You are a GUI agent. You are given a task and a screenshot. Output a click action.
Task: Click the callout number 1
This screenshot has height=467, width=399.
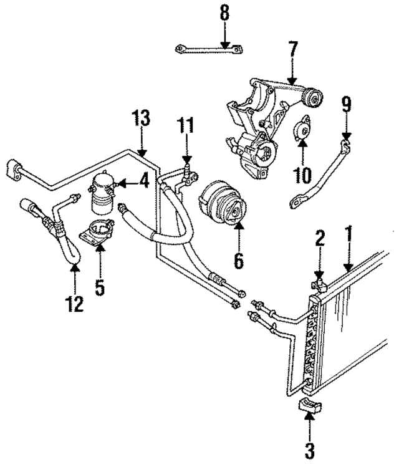click(x=348, y=235)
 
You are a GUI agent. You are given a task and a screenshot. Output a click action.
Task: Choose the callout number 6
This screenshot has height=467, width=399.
click(x=239, y=259)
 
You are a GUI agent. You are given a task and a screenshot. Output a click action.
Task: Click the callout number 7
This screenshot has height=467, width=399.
click(x=293, y=49)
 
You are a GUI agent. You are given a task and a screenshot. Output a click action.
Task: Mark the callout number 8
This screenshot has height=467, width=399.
click(x=224, y=11)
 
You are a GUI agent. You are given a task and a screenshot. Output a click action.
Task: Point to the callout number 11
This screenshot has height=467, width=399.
click(x=185, y=126)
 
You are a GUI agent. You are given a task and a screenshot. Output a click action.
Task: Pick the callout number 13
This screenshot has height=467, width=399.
click(x=142, y=118)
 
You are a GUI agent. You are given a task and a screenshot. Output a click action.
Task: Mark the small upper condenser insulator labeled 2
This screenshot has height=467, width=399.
click(x=320, y=284)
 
